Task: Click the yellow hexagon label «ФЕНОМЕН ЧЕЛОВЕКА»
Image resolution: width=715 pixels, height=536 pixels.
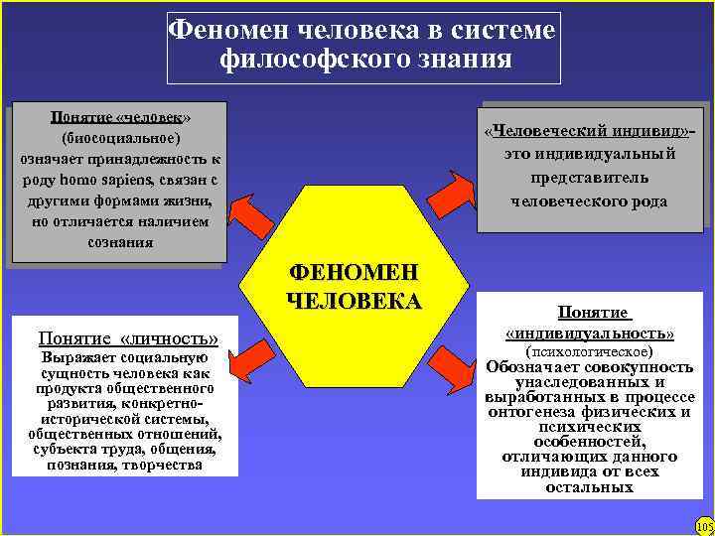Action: pos(354,286)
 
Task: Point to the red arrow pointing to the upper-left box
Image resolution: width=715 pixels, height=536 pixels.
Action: pos(250,210)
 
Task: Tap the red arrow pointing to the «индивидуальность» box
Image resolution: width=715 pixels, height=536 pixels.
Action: pos(456,352)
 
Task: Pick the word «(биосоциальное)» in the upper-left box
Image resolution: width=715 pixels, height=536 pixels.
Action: pos(120,137)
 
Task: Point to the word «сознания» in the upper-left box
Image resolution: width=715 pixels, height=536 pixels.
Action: pos(119,242)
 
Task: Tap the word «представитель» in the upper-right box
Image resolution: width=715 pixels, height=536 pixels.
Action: pos(590,178)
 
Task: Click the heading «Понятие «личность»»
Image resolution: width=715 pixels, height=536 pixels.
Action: pos(127,336)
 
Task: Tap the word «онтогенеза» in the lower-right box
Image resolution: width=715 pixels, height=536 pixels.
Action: pos(536,410)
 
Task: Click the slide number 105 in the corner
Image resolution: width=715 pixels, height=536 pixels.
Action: pos(704,525)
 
